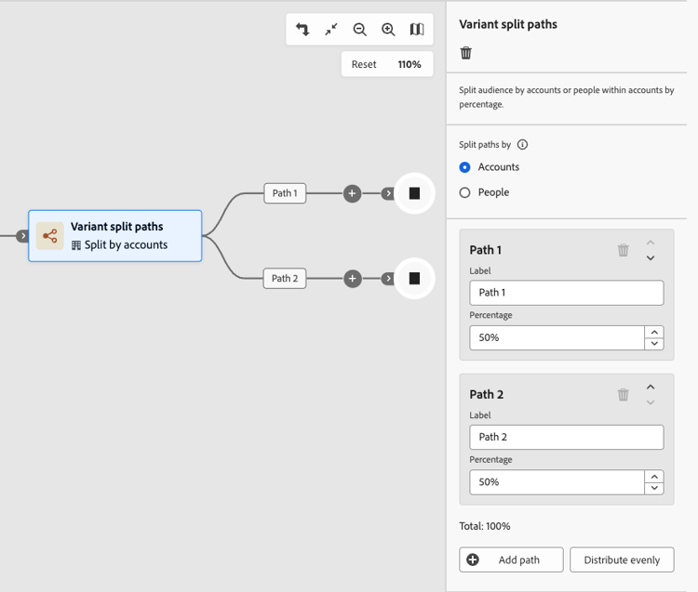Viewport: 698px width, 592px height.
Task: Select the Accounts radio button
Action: click(x=464, y=167)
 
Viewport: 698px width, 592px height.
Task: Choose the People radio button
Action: click(x=464, y=192)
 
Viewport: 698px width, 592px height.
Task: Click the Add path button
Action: click(x=511, y=559)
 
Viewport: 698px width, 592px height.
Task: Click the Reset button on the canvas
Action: click(x=364, y=64)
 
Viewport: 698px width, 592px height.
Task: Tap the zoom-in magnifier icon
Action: click(x=388, y=30)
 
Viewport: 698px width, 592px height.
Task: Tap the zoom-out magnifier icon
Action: click(x=359, y=30)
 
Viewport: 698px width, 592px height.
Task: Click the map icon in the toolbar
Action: click(x=417, y=30)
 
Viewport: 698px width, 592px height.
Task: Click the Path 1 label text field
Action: click(x=566, y=293)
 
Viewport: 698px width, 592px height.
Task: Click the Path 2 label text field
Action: click(x=566, y=437)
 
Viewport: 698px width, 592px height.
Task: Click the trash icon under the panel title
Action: click(x=465, y=53)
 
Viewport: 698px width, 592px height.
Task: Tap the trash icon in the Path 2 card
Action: click(x=624, y=394)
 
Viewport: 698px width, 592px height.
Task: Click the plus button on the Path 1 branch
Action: click(x=352, y=193)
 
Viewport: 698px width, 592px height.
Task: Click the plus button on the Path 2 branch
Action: click(x=352, y=279)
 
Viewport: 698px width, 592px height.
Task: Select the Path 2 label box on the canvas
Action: click(x=285, y=279)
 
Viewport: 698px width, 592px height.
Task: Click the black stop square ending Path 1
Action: click(x=414, y=193)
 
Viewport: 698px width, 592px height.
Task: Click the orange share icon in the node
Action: click(x=50, y=235)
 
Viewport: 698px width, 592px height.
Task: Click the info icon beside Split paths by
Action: click(x=523, y=144)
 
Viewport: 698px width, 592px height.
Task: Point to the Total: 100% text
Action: click(x=485, y=526)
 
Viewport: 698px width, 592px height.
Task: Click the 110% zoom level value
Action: click(x=409, y=64)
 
